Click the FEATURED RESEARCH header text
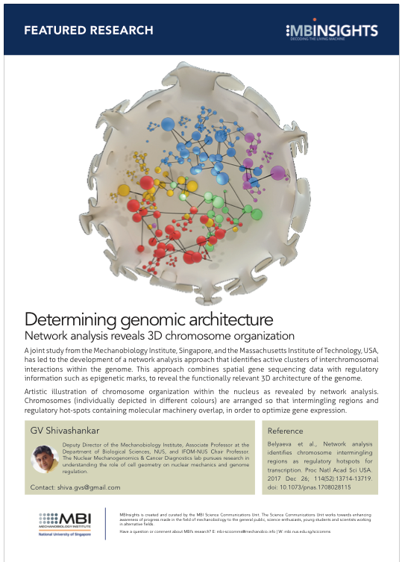tap(88, 31)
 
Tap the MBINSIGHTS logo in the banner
tap(333, 31)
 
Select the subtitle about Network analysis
tap(160, 336)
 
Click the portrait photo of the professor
tap(45, 459)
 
